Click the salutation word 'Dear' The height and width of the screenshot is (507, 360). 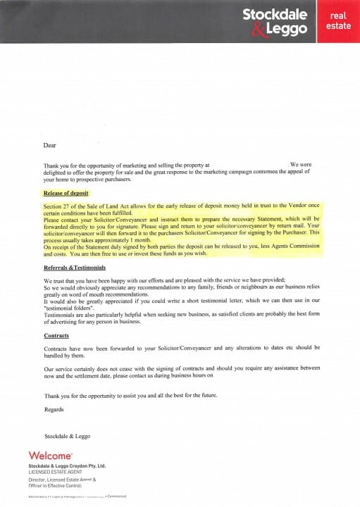click(49, 146)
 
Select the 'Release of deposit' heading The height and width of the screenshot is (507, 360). click(65, 192)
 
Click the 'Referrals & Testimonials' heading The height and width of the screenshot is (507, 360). click(75, 268)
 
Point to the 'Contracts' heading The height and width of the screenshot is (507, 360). click(56, 335)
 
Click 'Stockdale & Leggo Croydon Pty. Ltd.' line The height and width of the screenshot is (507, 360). click(68, 465)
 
